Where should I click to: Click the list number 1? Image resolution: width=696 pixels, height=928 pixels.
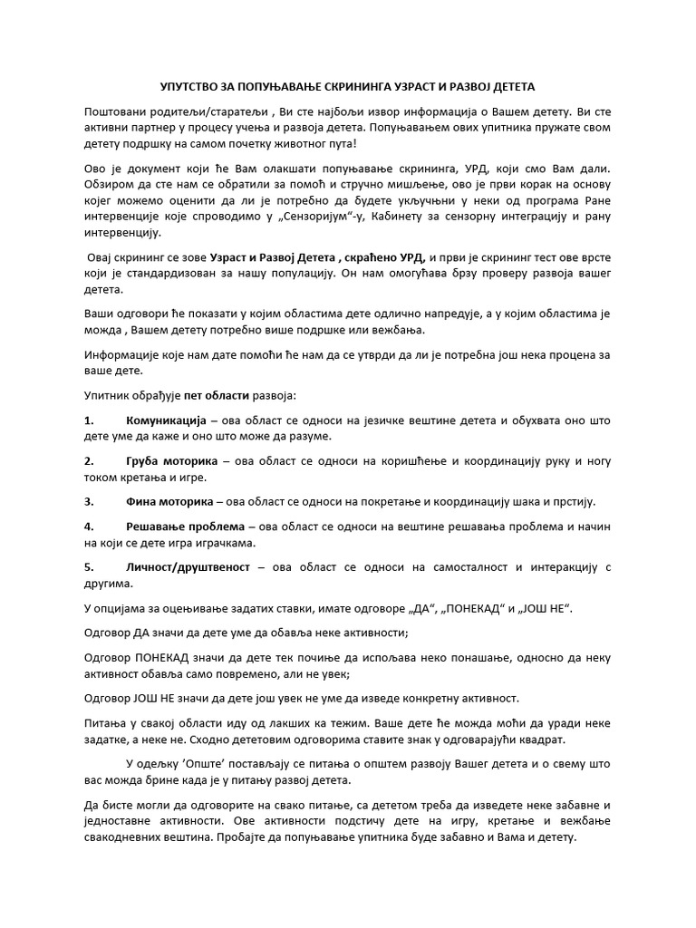coord(89,422)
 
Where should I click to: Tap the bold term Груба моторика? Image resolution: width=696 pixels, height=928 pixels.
coord(171,461)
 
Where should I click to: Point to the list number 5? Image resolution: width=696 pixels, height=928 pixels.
coord(89,566)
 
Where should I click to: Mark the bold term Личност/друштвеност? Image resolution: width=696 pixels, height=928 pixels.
coord(188,566)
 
